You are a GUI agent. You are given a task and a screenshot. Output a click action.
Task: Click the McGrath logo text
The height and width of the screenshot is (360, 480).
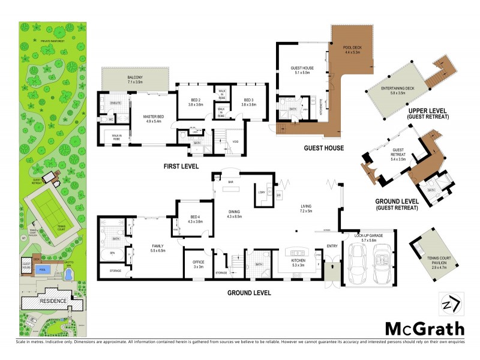coord(424,328)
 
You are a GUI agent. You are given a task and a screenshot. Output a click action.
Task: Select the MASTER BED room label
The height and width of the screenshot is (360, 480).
coord(154,118)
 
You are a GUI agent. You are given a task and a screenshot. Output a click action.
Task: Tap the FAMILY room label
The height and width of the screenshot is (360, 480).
coord(158,247)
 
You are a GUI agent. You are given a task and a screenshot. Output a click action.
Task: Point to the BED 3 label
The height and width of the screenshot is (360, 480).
coord(248,101)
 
